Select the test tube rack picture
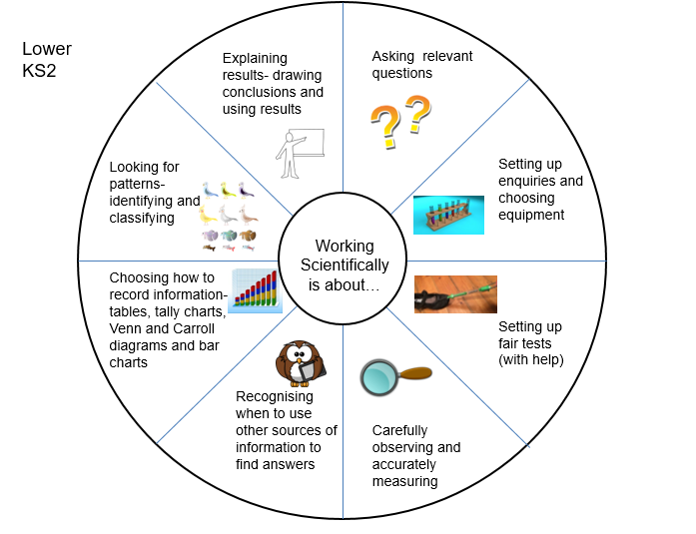[448, 215]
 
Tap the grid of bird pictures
[227, 216]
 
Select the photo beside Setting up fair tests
[455, 293]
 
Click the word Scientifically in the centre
[345, 266]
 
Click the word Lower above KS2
[46, 50]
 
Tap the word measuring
[404, 482]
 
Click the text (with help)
[530, 360]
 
